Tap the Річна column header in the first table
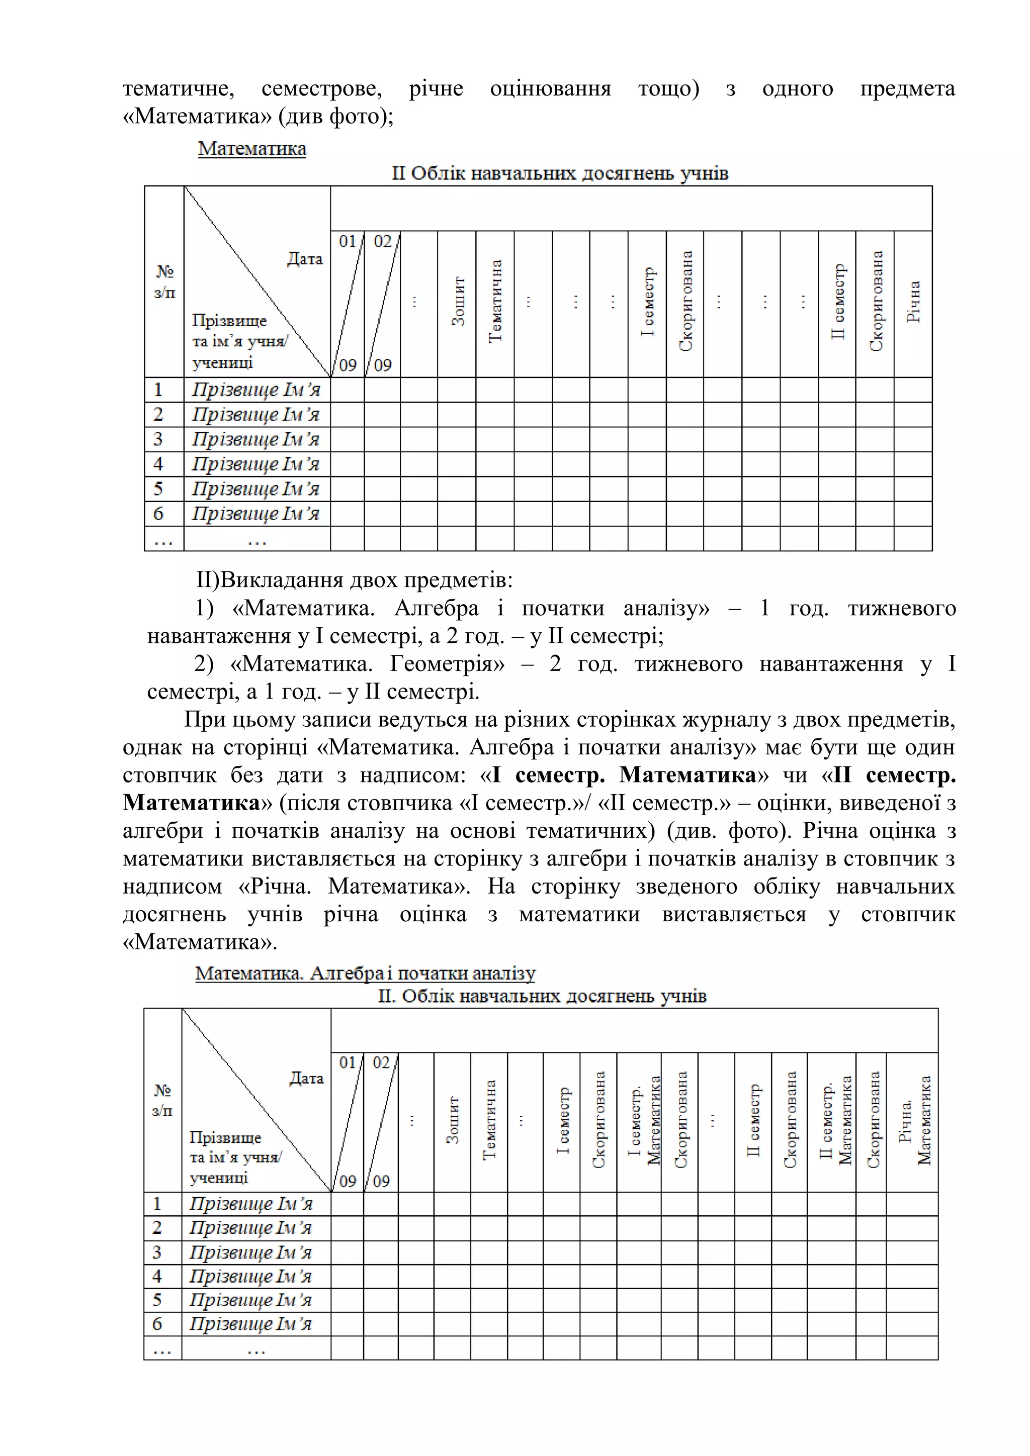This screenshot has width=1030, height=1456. (913, 303)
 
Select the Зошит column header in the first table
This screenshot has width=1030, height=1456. (458, 302)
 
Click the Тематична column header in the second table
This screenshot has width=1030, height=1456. (489, 1120)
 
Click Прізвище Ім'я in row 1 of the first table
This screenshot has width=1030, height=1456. (256, 390)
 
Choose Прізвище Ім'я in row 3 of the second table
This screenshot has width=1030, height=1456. (250, 1252)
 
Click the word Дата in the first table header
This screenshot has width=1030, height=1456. (305, 259)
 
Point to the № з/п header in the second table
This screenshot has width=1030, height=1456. (162, 1100)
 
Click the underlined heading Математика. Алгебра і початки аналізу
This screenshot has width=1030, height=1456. (365, 974)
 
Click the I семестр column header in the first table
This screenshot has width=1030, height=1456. (647, 302)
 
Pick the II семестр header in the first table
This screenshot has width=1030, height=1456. (838, 302)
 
